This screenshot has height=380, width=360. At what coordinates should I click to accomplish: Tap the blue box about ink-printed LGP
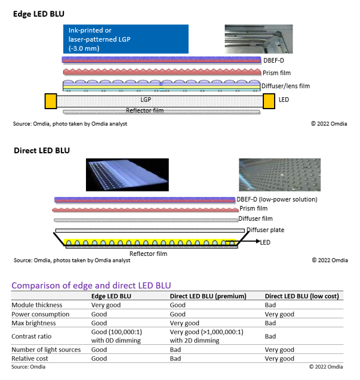click(x=125, y=39)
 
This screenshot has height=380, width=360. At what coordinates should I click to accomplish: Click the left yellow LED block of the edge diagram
click(x=50, y=101)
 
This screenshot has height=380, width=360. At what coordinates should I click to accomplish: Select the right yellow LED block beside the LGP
click(x=268, y=100)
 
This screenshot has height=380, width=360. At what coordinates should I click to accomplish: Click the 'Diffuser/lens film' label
click(x=285, y=86)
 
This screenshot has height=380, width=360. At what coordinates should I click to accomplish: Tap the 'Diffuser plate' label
click(x=265, y=230)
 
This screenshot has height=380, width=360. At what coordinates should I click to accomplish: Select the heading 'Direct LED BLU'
click(x=42, y=150)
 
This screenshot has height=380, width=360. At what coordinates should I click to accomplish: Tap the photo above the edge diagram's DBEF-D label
click(x=258, y=40)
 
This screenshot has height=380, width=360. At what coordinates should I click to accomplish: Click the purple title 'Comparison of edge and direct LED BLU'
click(x=91, y=285)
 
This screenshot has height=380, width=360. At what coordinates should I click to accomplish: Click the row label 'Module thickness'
click(x=36, y=305)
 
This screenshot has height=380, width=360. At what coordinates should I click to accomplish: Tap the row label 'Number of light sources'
click(x=46, y=350)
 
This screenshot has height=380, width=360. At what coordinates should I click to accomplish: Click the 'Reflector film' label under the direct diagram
click(x=147, y=254)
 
